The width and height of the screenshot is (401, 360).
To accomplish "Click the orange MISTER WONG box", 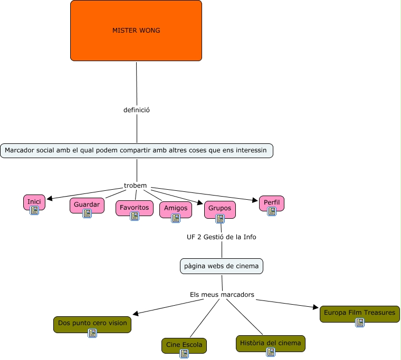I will coord(136,31).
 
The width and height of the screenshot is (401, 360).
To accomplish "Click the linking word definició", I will coord(137,110).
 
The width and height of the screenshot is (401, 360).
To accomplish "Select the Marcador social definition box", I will coord(137,151).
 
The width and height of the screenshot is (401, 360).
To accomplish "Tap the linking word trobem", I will coord(135,186).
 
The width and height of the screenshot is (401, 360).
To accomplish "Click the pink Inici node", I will coord(34,201).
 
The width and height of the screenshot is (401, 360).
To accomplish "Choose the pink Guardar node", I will coord(87,205).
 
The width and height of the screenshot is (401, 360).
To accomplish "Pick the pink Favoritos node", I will coord(134,207).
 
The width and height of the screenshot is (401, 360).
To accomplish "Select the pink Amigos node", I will coord(176,208).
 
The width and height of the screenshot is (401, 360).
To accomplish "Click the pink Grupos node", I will coord(219,208).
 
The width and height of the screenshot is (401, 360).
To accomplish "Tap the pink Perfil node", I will coord(272,202).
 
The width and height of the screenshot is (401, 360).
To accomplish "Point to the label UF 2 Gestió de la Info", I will coord(221,237).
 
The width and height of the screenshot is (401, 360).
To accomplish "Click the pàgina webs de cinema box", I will coord(221,266).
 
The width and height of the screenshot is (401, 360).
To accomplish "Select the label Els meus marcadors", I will coord(222,294).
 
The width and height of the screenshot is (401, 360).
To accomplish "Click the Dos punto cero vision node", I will coord(92,323).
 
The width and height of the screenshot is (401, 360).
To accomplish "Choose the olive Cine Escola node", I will coord(184,345).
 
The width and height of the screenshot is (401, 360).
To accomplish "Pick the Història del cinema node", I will coord(270,343).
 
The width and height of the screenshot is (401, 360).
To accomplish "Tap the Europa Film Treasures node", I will coord(359,313).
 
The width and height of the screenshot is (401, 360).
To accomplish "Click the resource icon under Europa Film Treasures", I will coord(360,323).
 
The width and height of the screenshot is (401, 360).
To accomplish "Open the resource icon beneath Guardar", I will coord(87,213).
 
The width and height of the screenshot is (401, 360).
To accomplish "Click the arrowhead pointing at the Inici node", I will coord(50,199).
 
